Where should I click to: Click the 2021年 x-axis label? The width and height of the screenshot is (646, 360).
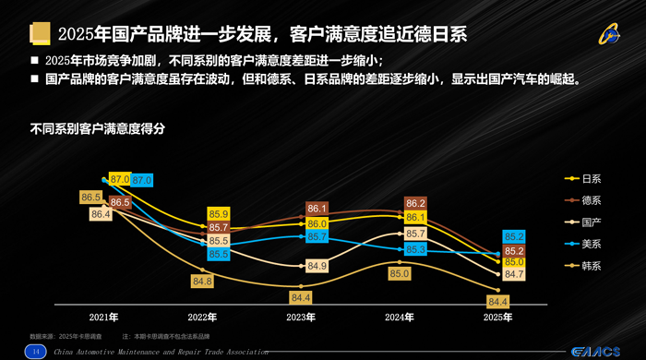pyautogui.click(x=104, y=317)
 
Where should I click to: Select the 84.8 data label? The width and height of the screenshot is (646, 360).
pyautogui.click(x=202, y=281)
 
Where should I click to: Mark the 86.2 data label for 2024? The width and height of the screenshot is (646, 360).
pyautogui.click(x=415, y=203)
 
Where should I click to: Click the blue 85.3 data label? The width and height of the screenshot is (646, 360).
pyautogui.click(x=415, y=249)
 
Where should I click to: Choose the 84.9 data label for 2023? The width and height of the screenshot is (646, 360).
pyautogui.click(x=317, y=267)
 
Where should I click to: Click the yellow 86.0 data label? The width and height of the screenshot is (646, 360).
pyautogui.click(x=317, y=223)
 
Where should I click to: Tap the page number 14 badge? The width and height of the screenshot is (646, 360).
pyautogui.click(x=36, y=352)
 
